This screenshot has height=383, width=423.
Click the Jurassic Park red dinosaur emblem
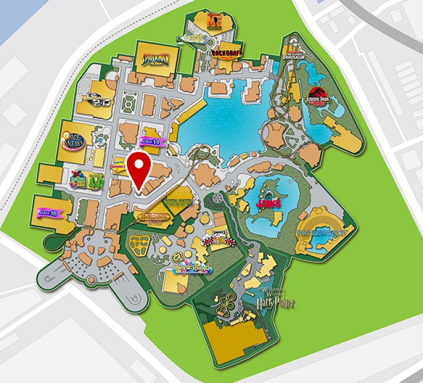click(318, 97)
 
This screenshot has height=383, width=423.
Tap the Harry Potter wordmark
click(275, 302)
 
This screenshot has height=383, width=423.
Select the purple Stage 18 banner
click(47, 213)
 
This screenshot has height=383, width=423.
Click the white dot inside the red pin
click(139, 164)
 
